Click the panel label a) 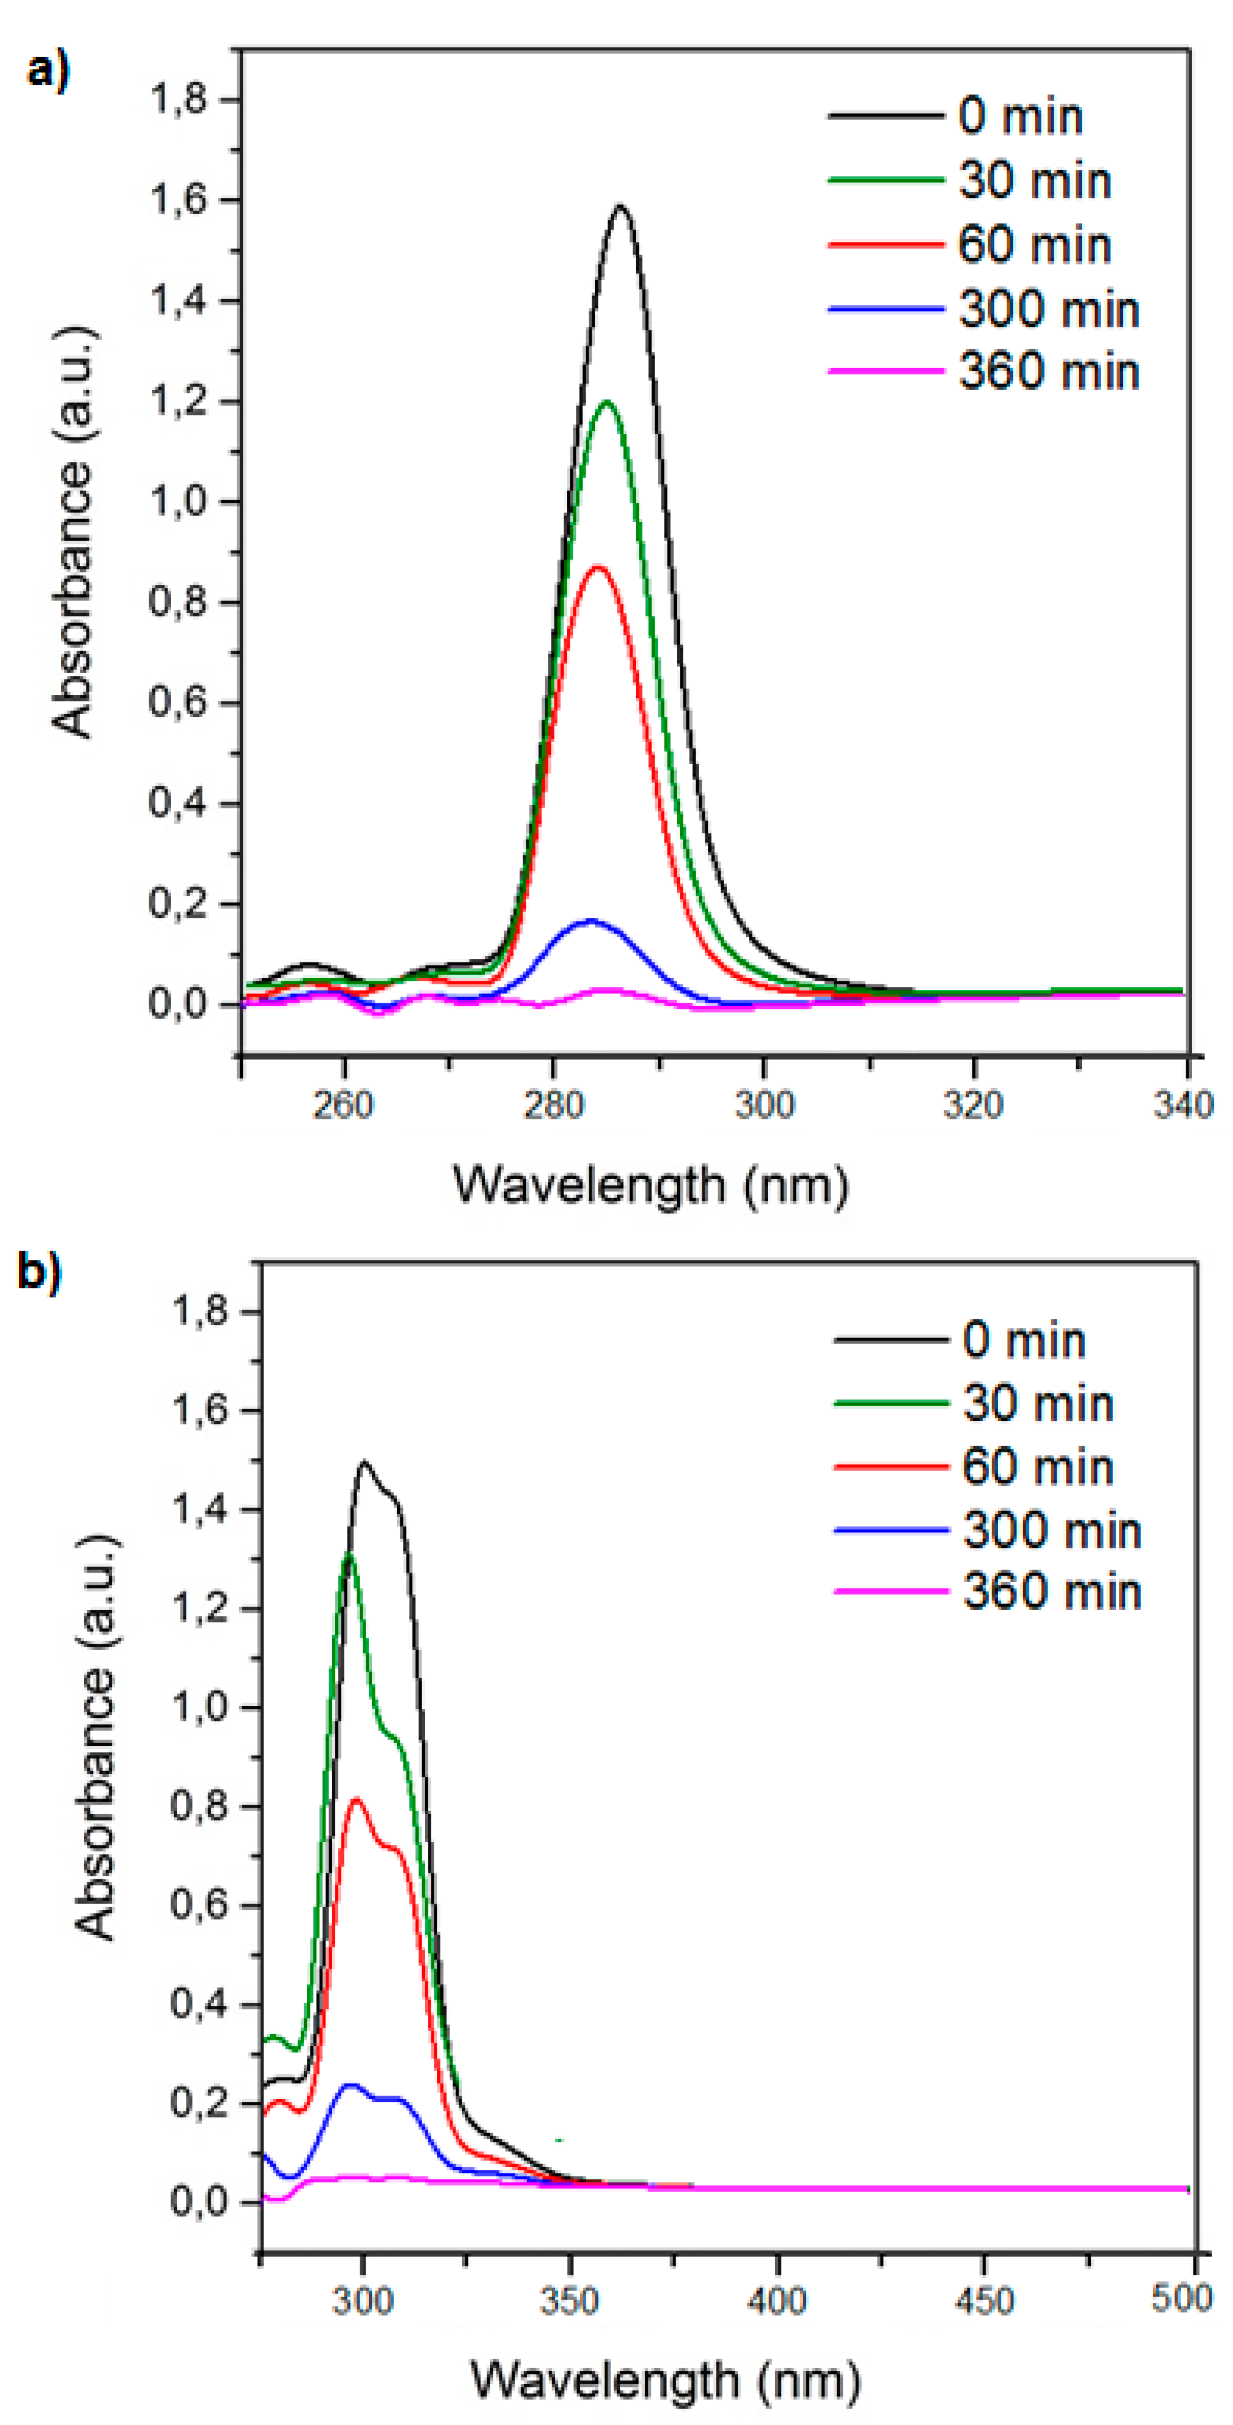[x=47, y=70]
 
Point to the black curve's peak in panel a [x=620, y=206]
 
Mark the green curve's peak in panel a [x=607, y=402]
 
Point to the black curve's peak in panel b [x=364, y=1462]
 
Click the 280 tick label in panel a [x=553, y=1104]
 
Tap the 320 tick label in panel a [x=973, y=1104]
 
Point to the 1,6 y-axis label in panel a [x=178, y=201]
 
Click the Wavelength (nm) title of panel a [x=650, y=1185]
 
